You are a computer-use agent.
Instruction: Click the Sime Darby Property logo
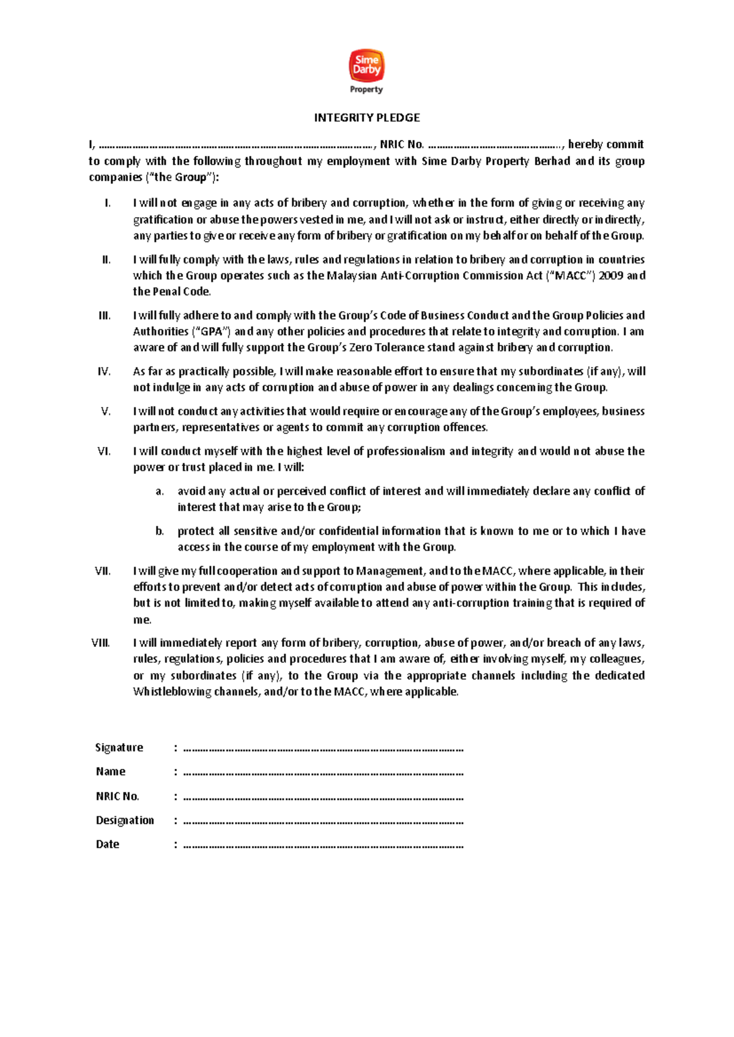click(x=366, y=72)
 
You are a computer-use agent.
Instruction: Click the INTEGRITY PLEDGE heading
click(x=366, y=117)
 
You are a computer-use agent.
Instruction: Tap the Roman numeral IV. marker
click(x=104, y=371)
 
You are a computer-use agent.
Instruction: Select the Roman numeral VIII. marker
click(x=100, y=643)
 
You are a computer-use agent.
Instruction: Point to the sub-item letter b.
click(x=160, y=531)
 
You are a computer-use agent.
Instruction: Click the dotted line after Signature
click(x=323, y=748)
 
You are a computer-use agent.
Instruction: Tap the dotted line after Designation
click(x=323, y=821)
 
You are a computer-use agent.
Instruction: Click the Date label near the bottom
click(x=108, y=844)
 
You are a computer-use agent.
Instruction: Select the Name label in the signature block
click(x=110, y=772)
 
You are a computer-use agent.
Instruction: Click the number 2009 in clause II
click(x=610, y=275)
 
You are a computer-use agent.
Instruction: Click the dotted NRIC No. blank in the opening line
click(x=495, y=146)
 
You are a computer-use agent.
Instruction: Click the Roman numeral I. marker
click(x=108, y=203)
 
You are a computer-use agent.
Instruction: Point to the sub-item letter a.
click(x=160, y=491)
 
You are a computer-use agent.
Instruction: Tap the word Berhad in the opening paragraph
click(x=552, y=161)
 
